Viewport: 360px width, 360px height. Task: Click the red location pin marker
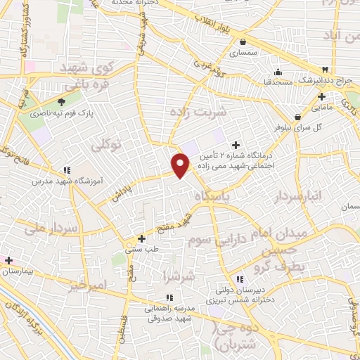[x=181, y=165]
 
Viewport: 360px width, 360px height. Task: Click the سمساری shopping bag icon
[x=243, y=41]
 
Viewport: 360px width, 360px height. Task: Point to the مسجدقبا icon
[x=278, y=71]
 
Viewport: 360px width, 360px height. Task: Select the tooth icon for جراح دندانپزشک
[x=325, y=70]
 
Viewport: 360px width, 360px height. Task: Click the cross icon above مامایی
[x=321, y=96]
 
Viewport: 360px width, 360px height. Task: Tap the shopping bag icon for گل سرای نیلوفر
[x=298, y=117]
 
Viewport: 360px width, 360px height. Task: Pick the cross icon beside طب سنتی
[x=142, y=238]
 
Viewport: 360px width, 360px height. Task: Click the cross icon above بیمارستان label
[x=8, y=260]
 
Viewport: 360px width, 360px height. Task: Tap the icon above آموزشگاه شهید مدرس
[x=67, y=169]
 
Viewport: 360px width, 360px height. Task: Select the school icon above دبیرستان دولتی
[x=240, y=279]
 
